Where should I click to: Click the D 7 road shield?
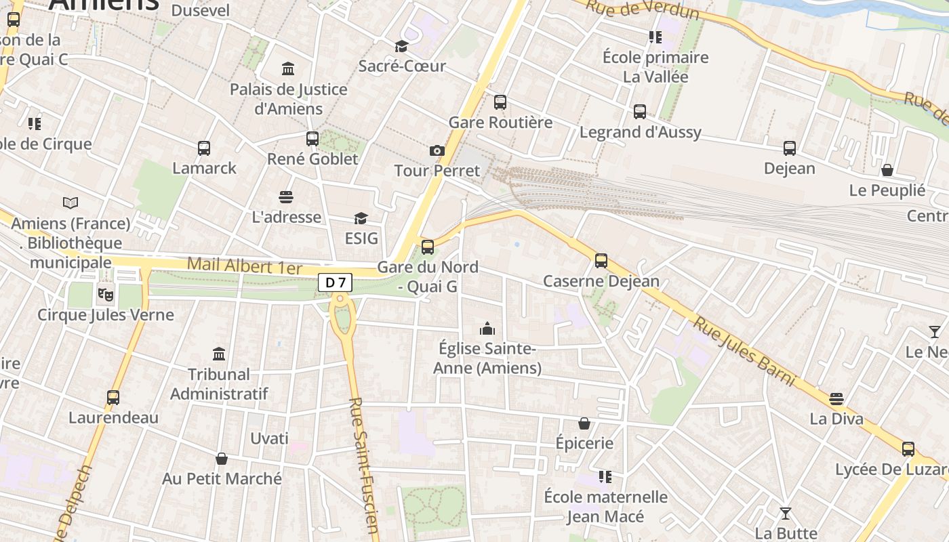coord(336,283)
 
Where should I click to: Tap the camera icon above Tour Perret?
coord(437,150)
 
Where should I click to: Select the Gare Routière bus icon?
coord(500,102)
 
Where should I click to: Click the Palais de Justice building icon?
coord(288,69)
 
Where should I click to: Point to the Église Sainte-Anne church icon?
coord(487,329)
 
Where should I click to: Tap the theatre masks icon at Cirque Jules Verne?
coord(105,295)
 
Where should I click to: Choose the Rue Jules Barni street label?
coord(744,351)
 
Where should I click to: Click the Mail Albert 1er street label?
coord(244,266)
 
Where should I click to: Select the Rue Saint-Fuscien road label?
coord(363,467)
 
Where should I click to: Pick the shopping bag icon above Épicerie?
coord(584,423)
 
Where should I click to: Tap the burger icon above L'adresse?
coord(286,197)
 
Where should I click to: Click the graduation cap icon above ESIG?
coord(361,218)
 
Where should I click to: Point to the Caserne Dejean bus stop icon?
coord(601,261)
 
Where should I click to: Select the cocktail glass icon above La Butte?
coord(786,514)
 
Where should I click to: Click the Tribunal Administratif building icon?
coord(219,354)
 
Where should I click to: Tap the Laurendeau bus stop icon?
coord(113,398)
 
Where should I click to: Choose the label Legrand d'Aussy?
coord(640,132)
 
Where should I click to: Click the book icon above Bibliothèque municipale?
coord(70,203)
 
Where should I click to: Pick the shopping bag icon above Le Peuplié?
coord(887,170)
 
